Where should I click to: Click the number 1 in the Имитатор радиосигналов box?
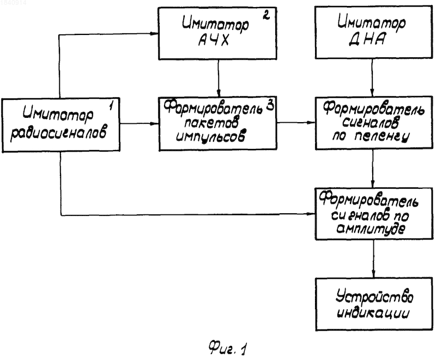coord(111,105)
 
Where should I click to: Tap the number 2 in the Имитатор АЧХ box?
coord(266,15)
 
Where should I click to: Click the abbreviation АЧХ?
coord(214,40)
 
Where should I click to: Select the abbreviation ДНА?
coord(367,39)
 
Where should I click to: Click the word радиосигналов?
coord(58,133)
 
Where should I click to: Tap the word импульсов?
coord(210,136)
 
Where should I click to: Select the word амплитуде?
coord(371,229)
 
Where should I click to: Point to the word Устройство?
coord(374,297)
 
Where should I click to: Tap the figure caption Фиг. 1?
coord(227,349)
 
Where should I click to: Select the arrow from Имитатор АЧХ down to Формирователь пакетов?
coord(219,78)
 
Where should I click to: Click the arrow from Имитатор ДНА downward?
coord(372,77)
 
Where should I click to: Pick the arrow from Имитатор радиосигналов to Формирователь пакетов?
coord(139,123)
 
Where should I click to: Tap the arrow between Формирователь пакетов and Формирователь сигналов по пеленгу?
coord(296,122)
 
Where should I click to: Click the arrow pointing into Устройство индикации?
coord(373,259)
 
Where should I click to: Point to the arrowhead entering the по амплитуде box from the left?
coord(311,214)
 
